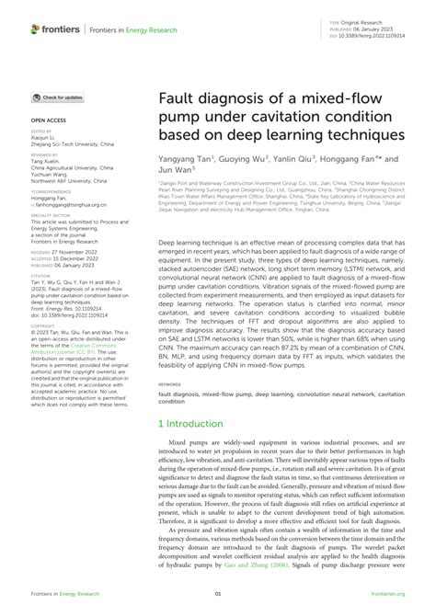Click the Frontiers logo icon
(x=36, y=29)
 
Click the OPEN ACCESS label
(x=50, y=120)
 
